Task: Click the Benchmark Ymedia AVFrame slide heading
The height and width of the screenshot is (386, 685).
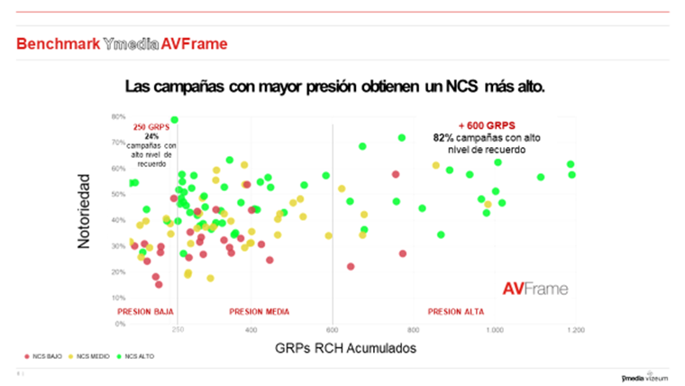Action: click(122, 43)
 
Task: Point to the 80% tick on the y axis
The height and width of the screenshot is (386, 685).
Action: click(117, 117)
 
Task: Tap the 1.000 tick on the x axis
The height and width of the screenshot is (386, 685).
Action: click(494, 330)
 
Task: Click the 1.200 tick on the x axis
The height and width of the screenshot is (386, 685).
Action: click(574, 330)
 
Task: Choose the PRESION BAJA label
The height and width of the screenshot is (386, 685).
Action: click(146, 311)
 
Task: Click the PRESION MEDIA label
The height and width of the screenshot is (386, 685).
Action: click(260, 311)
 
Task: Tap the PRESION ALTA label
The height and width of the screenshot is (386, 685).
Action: click(455, 311)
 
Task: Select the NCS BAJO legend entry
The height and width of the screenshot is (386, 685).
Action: click(46, 356)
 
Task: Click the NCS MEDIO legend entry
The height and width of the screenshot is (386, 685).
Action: click(90, 356)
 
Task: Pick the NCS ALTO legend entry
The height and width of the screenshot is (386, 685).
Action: click(136, 356)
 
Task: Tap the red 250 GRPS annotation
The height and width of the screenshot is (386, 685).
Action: click(151, 127)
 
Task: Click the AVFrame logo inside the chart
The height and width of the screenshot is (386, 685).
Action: click(534, 289)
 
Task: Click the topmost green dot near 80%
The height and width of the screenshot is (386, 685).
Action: click(174, 119)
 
